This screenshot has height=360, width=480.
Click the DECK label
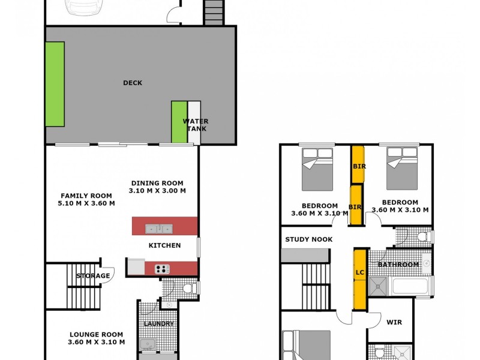point(132,83)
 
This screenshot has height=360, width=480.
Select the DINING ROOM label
point(157,187)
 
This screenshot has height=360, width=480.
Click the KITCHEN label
point(164,245)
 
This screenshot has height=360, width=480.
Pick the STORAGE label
point(93,276)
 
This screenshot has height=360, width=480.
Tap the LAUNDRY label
point(158,324)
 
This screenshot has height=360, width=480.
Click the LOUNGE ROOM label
point(96,338)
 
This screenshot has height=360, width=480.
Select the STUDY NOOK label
point(308,239)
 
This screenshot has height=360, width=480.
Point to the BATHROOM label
point(398,265)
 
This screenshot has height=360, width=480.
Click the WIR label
point(394,322)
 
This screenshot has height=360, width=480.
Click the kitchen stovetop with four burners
point(163,269)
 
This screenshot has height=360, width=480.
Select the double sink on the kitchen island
point(158,228)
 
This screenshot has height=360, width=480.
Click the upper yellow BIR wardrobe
point(358,165)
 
